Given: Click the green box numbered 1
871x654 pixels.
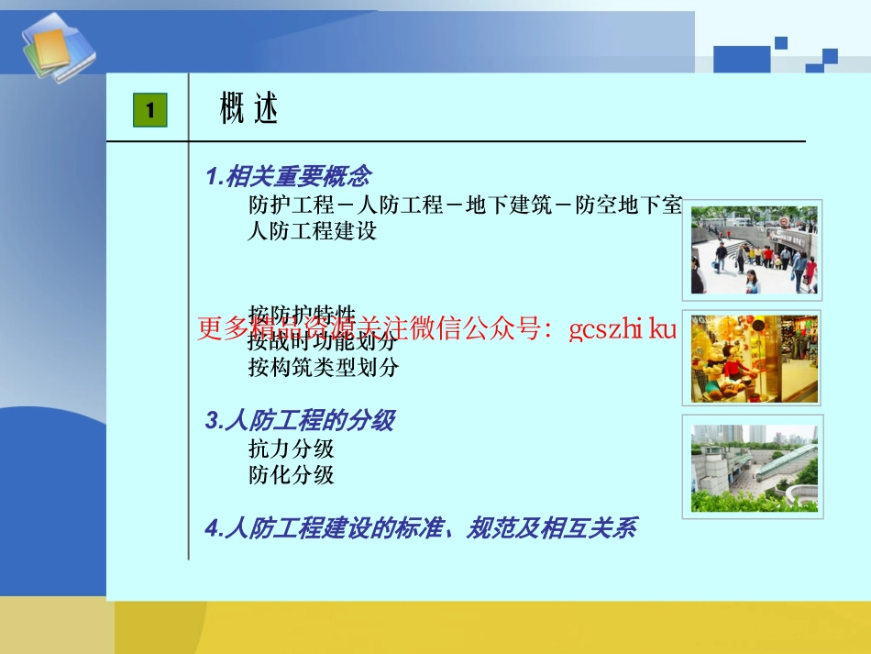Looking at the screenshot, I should (150, 111).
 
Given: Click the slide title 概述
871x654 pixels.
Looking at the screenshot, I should (248, 110).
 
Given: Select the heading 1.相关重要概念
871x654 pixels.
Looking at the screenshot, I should (288, 175).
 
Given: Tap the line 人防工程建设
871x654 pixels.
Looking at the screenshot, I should (313, 231).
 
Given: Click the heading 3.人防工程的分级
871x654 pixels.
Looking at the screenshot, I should (300, 421).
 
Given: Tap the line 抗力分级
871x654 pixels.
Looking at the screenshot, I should (291, 449).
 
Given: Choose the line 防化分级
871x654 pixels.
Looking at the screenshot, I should (291, 475).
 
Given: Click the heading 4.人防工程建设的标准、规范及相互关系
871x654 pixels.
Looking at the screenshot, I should (420, 528).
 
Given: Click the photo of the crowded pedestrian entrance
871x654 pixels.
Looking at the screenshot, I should (755, 249).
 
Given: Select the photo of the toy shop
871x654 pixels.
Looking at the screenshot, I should (755, 359).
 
